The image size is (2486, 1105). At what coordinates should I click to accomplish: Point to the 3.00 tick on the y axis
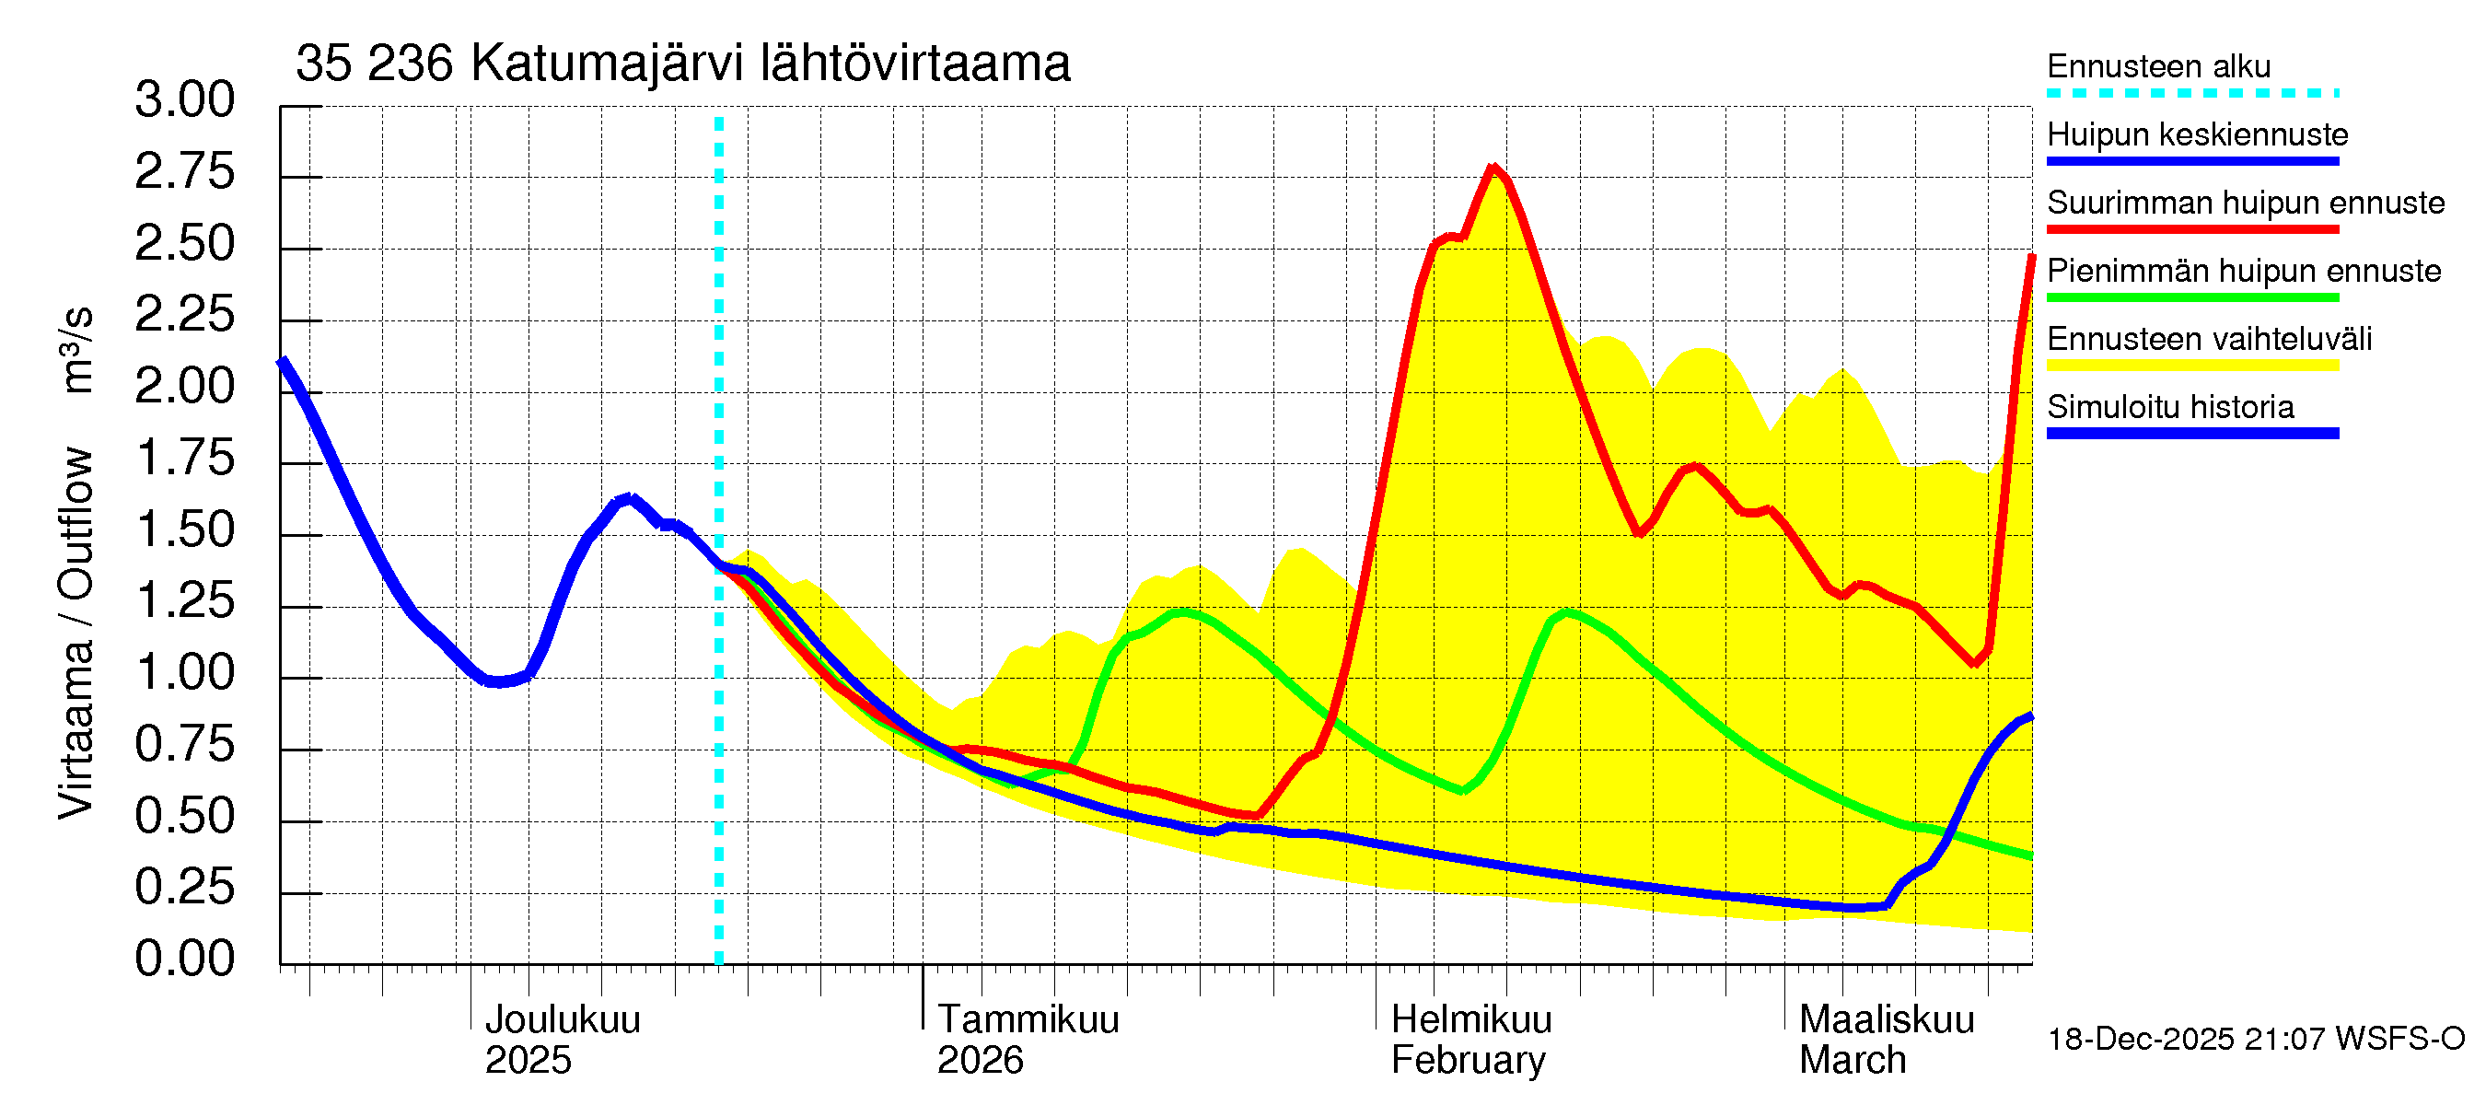184,99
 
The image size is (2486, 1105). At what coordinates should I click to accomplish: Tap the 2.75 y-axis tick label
184,172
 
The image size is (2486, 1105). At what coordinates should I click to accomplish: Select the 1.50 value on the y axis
184,529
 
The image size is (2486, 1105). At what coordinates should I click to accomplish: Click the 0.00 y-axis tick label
184,959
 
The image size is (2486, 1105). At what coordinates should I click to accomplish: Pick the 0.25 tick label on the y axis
184,887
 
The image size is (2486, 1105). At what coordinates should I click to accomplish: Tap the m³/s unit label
76,349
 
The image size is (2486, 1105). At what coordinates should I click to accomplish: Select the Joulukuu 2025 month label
562,1040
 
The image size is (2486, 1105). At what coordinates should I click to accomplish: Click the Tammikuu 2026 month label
1027,1040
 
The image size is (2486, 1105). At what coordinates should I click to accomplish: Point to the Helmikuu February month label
1470,1040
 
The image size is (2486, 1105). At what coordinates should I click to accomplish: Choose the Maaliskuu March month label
1886,1040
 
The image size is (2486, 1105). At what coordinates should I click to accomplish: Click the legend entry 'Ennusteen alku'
2158,66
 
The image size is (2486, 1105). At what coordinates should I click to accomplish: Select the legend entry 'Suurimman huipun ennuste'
2245,203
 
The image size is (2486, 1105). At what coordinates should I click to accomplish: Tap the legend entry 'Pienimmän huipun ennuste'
2243,271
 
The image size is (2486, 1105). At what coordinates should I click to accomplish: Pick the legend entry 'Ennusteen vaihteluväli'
2208,339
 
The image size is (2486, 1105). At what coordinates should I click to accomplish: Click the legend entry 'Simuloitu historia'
2169,407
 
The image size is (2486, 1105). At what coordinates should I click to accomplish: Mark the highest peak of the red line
1493,169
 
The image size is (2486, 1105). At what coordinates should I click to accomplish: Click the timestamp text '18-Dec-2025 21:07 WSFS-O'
2255,1040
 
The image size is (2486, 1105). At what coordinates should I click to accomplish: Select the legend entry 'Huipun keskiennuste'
2197,134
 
